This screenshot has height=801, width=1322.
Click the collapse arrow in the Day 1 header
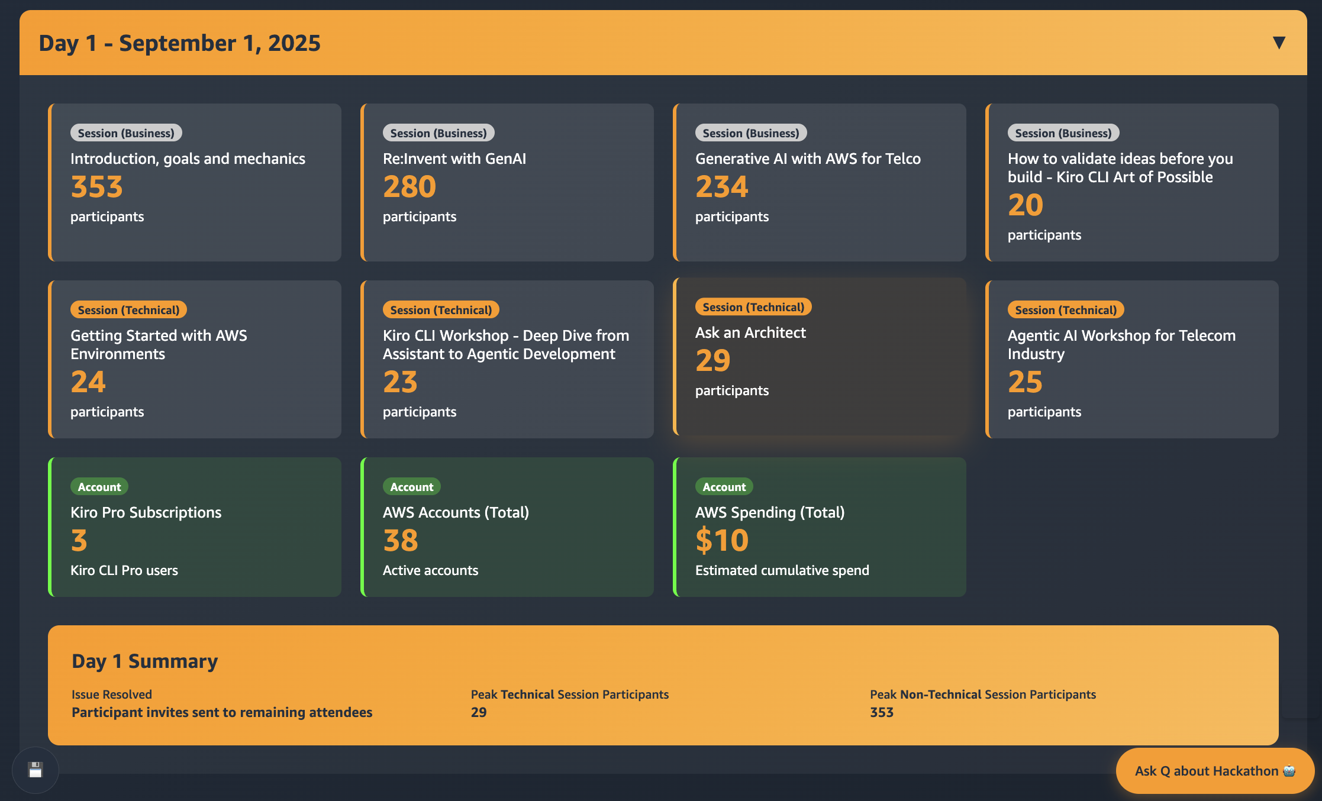click(x=1278, y=43)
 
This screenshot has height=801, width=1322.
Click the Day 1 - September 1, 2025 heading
click(x=179, y=43)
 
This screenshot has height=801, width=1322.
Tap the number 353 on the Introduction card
click(x=96, y=187)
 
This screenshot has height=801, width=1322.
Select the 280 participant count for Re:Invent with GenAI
click(x=409, y=187)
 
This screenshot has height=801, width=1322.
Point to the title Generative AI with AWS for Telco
click(x=808, y=159)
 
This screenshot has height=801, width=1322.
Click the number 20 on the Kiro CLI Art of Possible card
click(x=1025, y=205)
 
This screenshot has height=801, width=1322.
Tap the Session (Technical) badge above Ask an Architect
click(x=753, y=307)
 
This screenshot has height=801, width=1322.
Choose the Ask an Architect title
click(x=750, y=332)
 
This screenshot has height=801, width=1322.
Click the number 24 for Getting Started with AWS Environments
click(x=88, y=382)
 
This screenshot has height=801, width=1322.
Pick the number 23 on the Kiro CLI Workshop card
click(x=400, y=382)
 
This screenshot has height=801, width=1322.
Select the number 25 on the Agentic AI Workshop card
click(x=1025, y=382)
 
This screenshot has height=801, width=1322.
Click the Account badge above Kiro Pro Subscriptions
click(x=99, y=487)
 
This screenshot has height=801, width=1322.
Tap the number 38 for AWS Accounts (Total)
click(x=401, y=541)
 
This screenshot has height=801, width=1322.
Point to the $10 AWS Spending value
click(x=722, y=541)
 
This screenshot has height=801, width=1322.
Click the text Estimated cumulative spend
click(x=782, y=570)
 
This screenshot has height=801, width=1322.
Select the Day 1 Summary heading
click(x=144, y=661)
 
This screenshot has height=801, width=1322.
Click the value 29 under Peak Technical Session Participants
click(x=478, y=712)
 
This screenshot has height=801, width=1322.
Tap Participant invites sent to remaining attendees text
click(x=222, y=712)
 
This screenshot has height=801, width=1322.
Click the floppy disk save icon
click(x=36, y=770)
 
